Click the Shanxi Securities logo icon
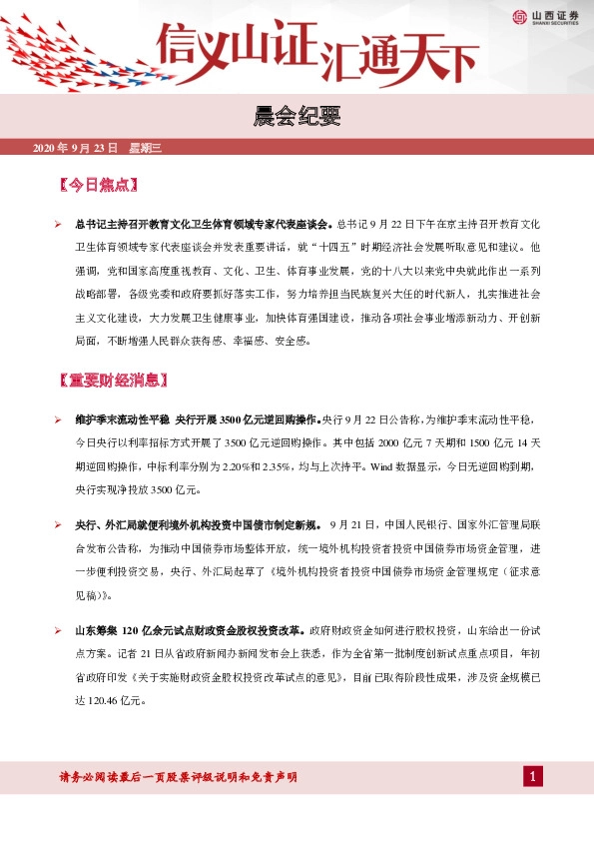[x=519, y=16]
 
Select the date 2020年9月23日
[x=76, y=148]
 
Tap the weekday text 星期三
[x=145, y=148]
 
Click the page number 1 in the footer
[x=534, y=777]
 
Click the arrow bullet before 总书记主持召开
[x=59, y=222]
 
